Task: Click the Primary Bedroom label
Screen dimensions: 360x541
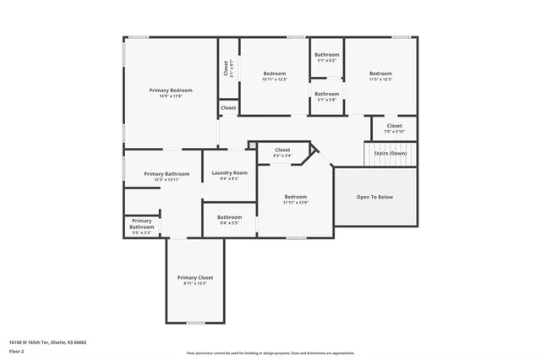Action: point(171,90)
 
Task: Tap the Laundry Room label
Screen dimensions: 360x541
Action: point(229,172)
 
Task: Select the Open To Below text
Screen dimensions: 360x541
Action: point(374,197)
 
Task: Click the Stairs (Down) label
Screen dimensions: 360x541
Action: point(391,153)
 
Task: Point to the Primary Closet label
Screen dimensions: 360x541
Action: point(194,277)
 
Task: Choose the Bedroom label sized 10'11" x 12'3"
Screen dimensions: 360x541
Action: point(275,74)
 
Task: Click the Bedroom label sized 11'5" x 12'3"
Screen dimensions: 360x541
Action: point(380,74)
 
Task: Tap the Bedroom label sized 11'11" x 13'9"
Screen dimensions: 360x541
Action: point(295,197)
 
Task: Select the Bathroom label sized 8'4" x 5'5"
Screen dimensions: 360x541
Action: point(229,216)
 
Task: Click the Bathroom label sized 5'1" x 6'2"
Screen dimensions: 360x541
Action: point(326,55)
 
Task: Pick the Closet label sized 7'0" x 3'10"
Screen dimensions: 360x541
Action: point(394,126)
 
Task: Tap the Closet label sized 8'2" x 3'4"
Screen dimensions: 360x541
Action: point(282,150)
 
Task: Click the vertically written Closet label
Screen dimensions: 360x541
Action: point(226,68)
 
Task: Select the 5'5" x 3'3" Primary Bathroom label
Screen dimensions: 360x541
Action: point(141,224)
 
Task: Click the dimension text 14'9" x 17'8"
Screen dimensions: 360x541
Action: point(171,96)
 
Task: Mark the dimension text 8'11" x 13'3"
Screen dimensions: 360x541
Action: point(194,284)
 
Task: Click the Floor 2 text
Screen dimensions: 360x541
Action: point(17,350)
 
